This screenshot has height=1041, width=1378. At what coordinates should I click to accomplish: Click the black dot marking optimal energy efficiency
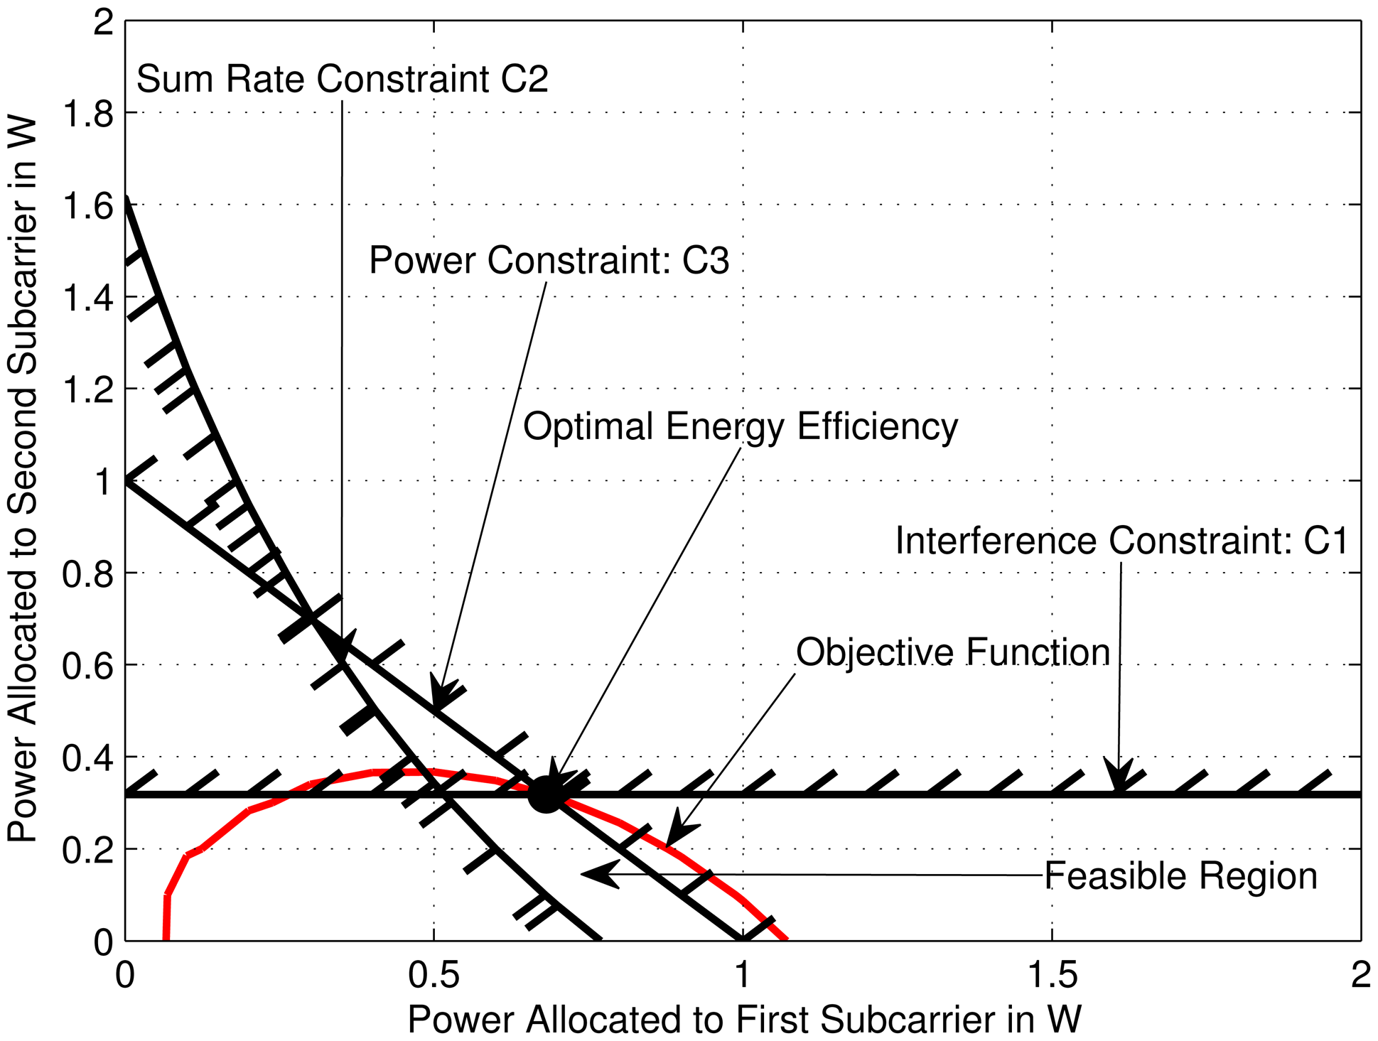pos(545,794)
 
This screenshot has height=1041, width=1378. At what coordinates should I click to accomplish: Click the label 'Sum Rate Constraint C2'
pos(342,79)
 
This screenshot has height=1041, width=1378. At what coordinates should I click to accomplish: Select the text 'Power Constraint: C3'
pos(549,261)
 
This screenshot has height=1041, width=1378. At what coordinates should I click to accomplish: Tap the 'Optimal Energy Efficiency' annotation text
pos(741,427)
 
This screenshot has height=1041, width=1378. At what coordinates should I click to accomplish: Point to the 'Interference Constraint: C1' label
pos(1121,541)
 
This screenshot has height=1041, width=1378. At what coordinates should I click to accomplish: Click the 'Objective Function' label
pos(952,652)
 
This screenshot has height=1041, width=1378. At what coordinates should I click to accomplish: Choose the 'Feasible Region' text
pos(1180,876)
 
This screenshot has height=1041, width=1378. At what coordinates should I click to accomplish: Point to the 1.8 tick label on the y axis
pos(88,114)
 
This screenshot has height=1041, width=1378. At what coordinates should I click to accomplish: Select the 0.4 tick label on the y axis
pos(88,759)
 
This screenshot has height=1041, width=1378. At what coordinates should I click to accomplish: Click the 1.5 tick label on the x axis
pos(1052,976)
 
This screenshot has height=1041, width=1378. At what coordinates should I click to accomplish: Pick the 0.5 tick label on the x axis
pos(434,976)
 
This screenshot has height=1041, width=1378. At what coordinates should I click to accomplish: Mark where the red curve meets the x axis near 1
pos(785,939)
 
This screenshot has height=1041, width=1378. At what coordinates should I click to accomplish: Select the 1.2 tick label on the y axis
pos(88,390)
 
